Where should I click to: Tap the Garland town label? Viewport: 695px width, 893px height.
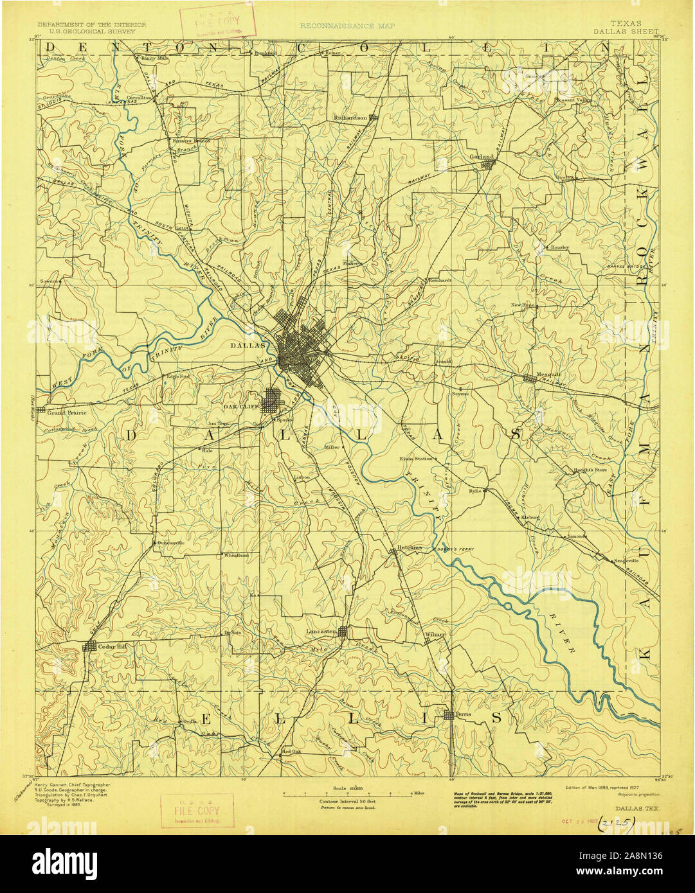tap(482, 157)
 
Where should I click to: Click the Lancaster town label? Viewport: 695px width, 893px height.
tap(321, 632)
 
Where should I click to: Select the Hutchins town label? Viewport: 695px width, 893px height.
tap(410, 547)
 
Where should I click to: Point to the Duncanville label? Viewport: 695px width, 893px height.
tap(171, 543)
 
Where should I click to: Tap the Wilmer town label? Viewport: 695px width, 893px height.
tap(435, 635)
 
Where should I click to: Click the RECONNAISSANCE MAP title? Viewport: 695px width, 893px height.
tap(347, 26)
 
